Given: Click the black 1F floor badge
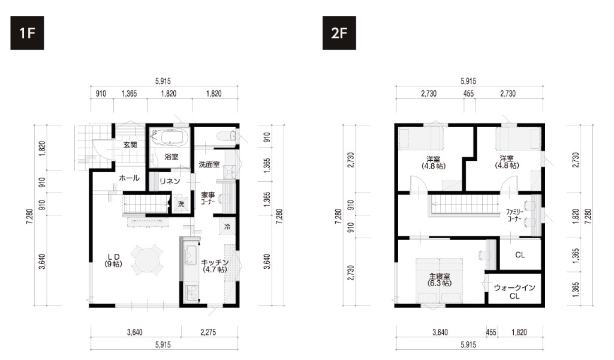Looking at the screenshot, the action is pyautogui.click(x=27, y=33).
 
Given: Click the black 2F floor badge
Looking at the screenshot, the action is pyautogui.click(x=339, y=33).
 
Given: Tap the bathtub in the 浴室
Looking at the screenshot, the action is pyautogui.click(x=170, y=137).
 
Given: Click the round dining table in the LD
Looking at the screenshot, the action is pyautogui.click(x=146, y=259).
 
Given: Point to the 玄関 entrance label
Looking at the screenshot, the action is pyautogui.click(x=130, y=145).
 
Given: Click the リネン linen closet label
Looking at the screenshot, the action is pyautogui.click(x=170, y=181).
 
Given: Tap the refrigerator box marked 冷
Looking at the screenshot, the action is pyautogui.click(x=227, y=226).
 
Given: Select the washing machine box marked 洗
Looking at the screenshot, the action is pyautogui.click(x=181, y=203).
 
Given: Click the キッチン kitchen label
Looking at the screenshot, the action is pyautogui.click(x=215, y=266).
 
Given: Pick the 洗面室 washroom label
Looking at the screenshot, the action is pyautogui.click(x=209, y=164).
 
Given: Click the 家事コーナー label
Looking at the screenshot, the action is pyautogui.click(x=208, y=198).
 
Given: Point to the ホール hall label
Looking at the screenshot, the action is pyautogui.click(x=130, y=178).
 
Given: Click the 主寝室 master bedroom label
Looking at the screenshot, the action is pyautogui.click(x=439, y=280).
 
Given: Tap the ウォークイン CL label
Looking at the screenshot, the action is pyautogui.click(x=514, y=292).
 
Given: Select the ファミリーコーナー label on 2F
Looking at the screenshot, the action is pyautogui.click(x=514, y=215).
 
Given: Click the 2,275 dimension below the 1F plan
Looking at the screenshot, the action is pyautogui.click(x=208, y=332).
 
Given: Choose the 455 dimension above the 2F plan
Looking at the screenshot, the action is pyautogui.click(x=468, y=94).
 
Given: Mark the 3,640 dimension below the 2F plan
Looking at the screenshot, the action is pyautogui.click(x=440, y=332).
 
